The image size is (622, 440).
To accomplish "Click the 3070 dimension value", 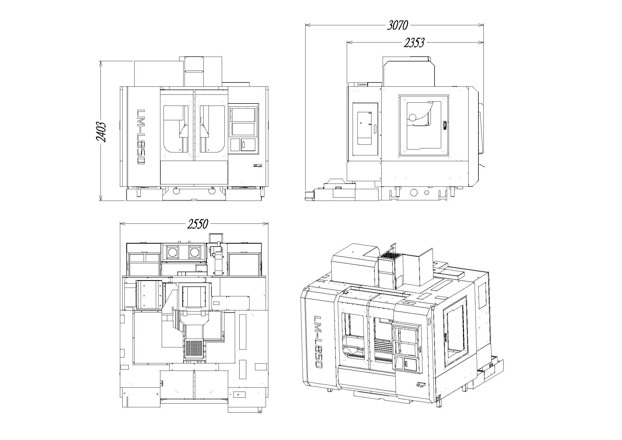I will pyautogui.click(x=397, y=26).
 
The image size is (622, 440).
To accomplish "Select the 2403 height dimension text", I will pyautogui.click(x=101, y=132).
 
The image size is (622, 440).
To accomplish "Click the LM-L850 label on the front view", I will pyautogui.click(x=141, y=137).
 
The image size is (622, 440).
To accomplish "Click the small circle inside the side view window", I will pyautogui.click(x=412, y=117).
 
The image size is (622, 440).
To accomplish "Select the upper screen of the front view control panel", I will pyautogui.click(x=243, y=115).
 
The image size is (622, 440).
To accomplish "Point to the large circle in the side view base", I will pyautogui.click(x=414, y=193).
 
